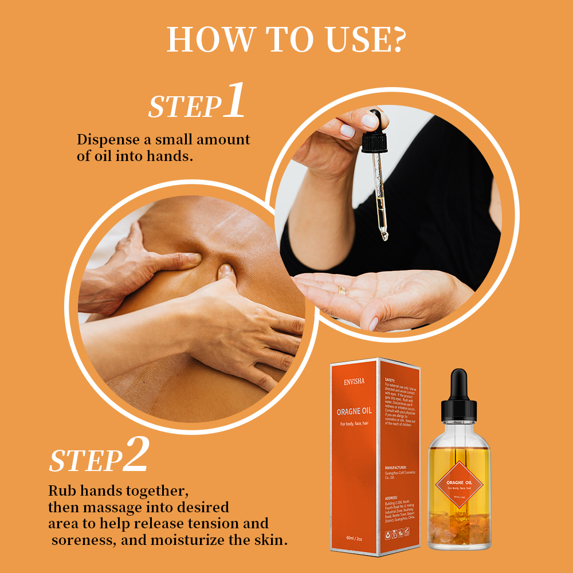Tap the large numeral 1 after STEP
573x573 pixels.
click(234, 101)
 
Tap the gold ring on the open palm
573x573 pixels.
click(342, 291)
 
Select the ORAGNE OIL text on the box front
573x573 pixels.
click(355, 411)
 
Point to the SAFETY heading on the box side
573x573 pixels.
click(390, 380)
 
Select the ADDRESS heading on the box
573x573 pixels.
click(392, 497)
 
